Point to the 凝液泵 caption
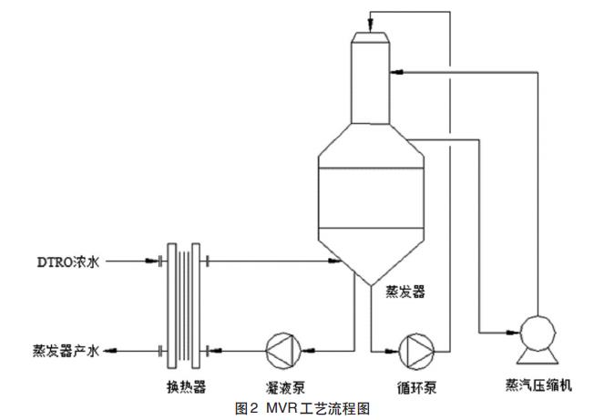(284, 387)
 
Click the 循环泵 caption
(418, 387)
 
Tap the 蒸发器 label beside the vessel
(405, 292)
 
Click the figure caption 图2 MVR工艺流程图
(302, 409)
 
